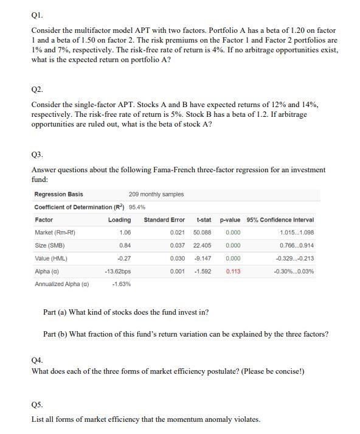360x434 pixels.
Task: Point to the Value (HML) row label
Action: [x=51, y=258]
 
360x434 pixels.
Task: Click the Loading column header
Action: [x=119, y=220]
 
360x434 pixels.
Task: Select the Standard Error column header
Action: [x=164, y=220]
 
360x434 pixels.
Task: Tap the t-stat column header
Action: [x=204, y=220]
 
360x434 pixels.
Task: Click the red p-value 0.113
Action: [x=233, y=271]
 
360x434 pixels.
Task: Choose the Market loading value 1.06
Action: [x=125, y=233]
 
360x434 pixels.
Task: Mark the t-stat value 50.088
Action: [x=202, y=233]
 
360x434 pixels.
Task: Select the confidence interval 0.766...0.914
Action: [x=297, y=245]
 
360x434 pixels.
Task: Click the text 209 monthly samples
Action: [x=156, y=194]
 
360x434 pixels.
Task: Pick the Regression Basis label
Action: [x=59, y=194]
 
